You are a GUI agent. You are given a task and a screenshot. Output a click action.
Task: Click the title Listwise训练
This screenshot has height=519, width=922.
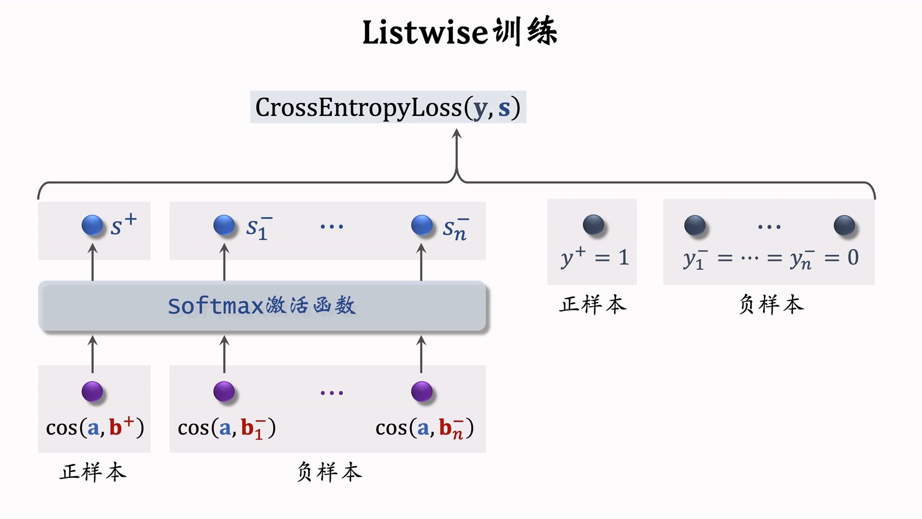click(460, 32)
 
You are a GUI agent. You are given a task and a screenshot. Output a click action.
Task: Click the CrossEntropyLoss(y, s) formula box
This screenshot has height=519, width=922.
click(388, 107)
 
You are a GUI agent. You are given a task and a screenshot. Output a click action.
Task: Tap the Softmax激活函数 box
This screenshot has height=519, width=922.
click(262, 306)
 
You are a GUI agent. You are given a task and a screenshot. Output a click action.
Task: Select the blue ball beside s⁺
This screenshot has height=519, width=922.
click(92, 225)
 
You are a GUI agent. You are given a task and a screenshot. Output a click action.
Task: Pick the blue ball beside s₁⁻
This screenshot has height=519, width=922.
click(224, 225)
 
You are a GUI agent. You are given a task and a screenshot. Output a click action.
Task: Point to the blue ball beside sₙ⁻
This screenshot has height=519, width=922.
click(422, 225)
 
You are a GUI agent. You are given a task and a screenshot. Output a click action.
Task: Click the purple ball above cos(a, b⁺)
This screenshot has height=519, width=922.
click(92, 391)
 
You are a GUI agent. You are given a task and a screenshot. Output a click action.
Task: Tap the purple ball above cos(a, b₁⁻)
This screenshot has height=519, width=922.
click(224, 391)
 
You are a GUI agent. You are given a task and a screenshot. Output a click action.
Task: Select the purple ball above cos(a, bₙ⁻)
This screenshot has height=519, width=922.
click(422, 391)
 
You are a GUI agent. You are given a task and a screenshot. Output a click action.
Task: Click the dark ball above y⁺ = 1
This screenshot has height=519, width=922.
click(594, 224)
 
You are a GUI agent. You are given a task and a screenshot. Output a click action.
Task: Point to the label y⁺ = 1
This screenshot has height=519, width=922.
click(594, 258)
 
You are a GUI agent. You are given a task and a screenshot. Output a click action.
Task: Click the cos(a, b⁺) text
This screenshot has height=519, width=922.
click(95, 427)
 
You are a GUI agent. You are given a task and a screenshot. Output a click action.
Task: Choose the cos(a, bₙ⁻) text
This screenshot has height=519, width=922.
click(425, 427)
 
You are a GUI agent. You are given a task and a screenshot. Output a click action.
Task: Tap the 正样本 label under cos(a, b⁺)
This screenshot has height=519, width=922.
click(93, 472)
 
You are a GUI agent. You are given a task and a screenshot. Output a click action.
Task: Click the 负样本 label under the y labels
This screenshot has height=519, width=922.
click(771, 305)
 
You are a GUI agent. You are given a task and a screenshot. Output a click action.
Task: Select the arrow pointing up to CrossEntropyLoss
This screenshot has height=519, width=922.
click(457, 154)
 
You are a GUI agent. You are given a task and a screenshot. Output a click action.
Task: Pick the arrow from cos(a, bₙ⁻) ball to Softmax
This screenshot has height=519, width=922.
click(421, 354)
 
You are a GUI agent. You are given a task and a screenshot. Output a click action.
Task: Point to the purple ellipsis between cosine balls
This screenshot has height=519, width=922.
click(332, 393)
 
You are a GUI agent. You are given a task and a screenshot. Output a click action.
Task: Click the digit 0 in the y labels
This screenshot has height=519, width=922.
click(853, 257)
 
